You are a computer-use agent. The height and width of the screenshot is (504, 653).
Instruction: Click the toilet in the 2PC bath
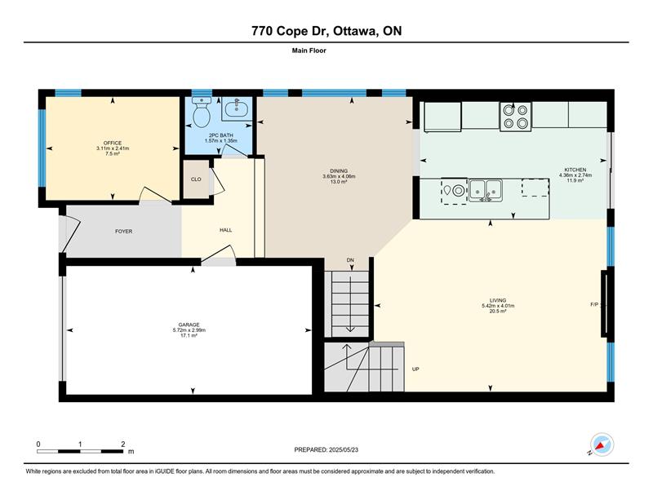coord(202,112)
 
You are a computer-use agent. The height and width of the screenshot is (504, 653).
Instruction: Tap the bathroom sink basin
coord(237,109)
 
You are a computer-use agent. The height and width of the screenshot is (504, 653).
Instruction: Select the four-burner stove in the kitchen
coord(516,117)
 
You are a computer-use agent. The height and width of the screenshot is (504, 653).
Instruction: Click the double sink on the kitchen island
coord(485,190)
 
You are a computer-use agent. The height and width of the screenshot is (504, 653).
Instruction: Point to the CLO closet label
coord(196,179)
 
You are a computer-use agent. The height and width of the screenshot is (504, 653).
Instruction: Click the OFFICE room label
coord(113,144)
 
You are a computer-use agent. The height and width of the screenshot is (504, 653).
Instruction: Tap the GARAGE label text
coord(189,325)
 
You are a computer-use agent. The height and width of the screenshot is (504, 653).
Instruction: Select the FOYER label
coord(124,232)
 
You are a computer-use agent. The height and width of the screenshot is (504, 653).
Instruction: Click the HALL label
coord(226,230)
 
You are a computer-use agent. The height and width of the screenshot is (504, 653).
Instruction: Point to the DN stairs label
coord(350,260)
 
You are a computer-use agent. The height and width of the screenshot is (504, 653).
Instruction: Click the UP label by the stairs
coord(415,369)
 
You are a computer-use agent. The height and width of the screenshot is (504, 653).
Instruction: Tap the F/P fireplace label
coord(594,305)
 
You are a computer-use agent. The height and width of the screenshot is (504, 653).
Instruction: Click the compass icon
coord(601,444)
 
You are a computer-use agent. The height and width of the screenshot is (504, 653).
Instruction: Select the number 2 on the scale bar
coord(123,444)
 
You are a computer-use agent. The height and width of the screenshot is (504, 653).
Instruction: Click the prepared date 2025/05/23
coord(344,450)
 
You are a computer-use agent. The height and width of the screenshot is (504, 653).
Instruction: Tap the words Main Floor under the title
coord(309,51)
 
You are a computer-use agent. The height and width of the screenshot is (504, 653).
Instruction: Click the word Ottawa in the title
coord(353,31)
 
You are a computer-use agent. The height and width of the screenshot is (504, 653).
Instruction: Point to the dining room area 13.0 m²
coord(339,182)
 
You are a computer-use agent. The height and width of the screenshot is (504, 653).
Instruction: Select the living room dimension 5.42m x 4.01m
coord(498,306)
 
